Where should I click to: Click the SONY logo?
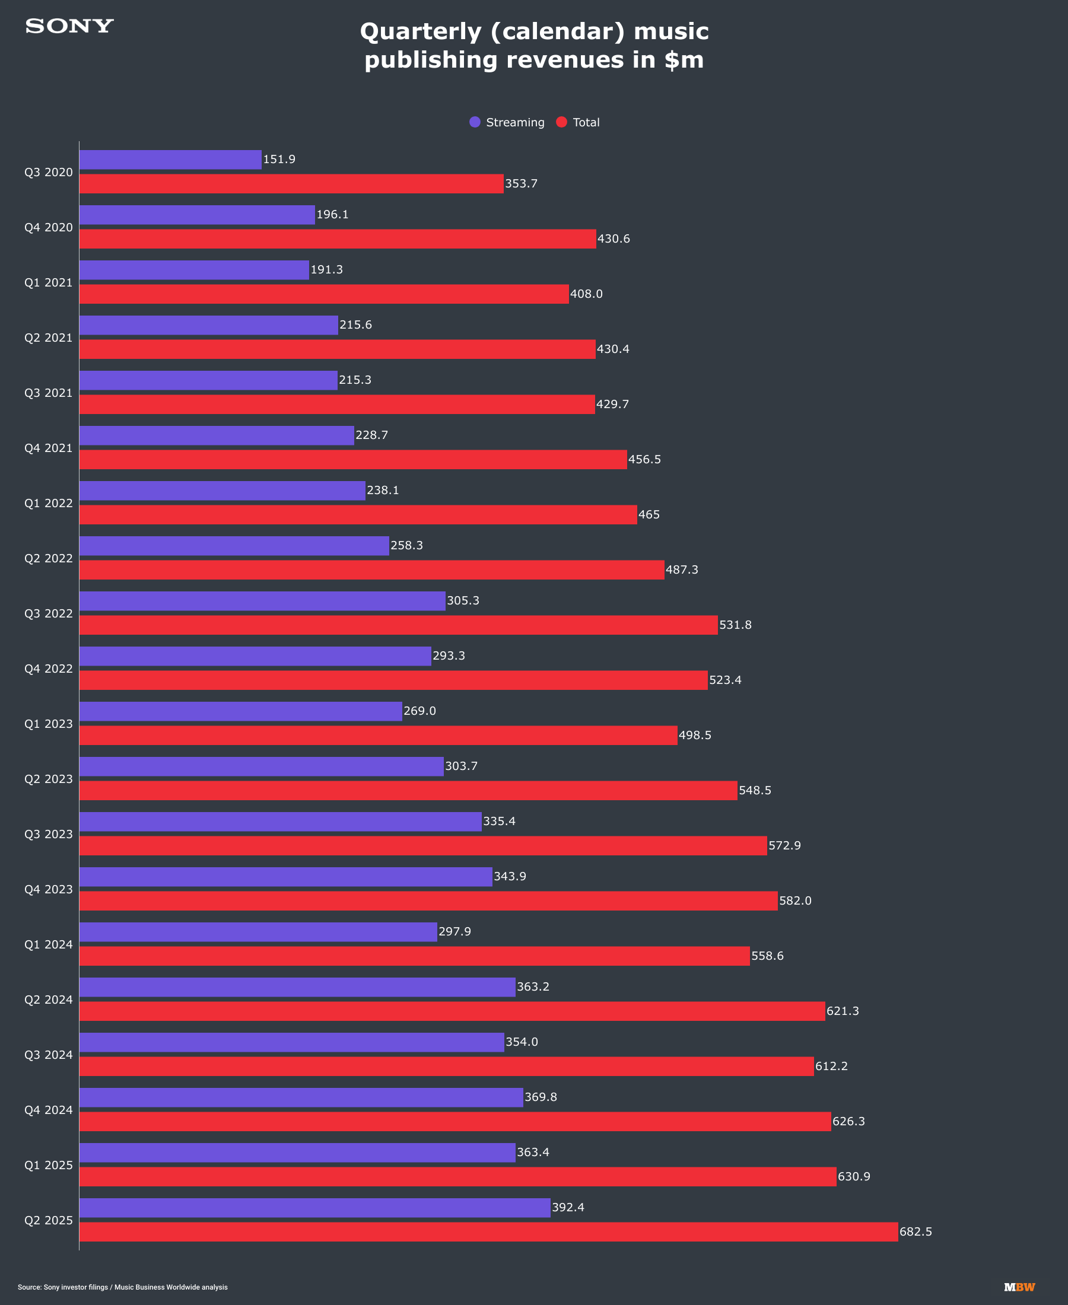[x=69, y=27]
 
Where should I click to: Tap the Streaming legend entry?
[x=507, y=122]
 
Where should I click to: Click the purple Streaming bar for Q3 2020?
[x=170, y=160]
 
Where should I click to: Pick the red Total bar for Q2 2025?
[x=488, y=1232]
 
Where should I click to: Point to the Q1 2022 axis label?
[x=49, y=503]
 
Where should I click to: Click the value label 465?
[x=649, y=515]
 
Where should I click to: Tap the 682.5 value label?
[x=916, y=1232]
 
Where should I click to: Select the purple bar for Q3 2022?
[x=262, y=601]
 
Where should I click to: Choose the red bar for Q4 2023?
[x=428, y=901]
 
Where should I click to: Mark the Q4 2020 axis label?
[x=49, y=228]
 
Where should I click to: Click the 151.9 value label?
[x=279, y=160]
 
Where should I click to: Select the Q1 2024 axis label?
[x=49, y=944]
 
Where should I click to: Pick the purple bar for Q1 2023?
[x=240, y=712]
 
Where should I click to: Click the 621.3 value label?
[x=842, y=1011]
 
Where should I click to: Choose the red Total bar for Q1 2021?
[x=324, y=294]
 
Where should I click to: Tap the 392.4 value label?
[x=568, y=1207]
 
